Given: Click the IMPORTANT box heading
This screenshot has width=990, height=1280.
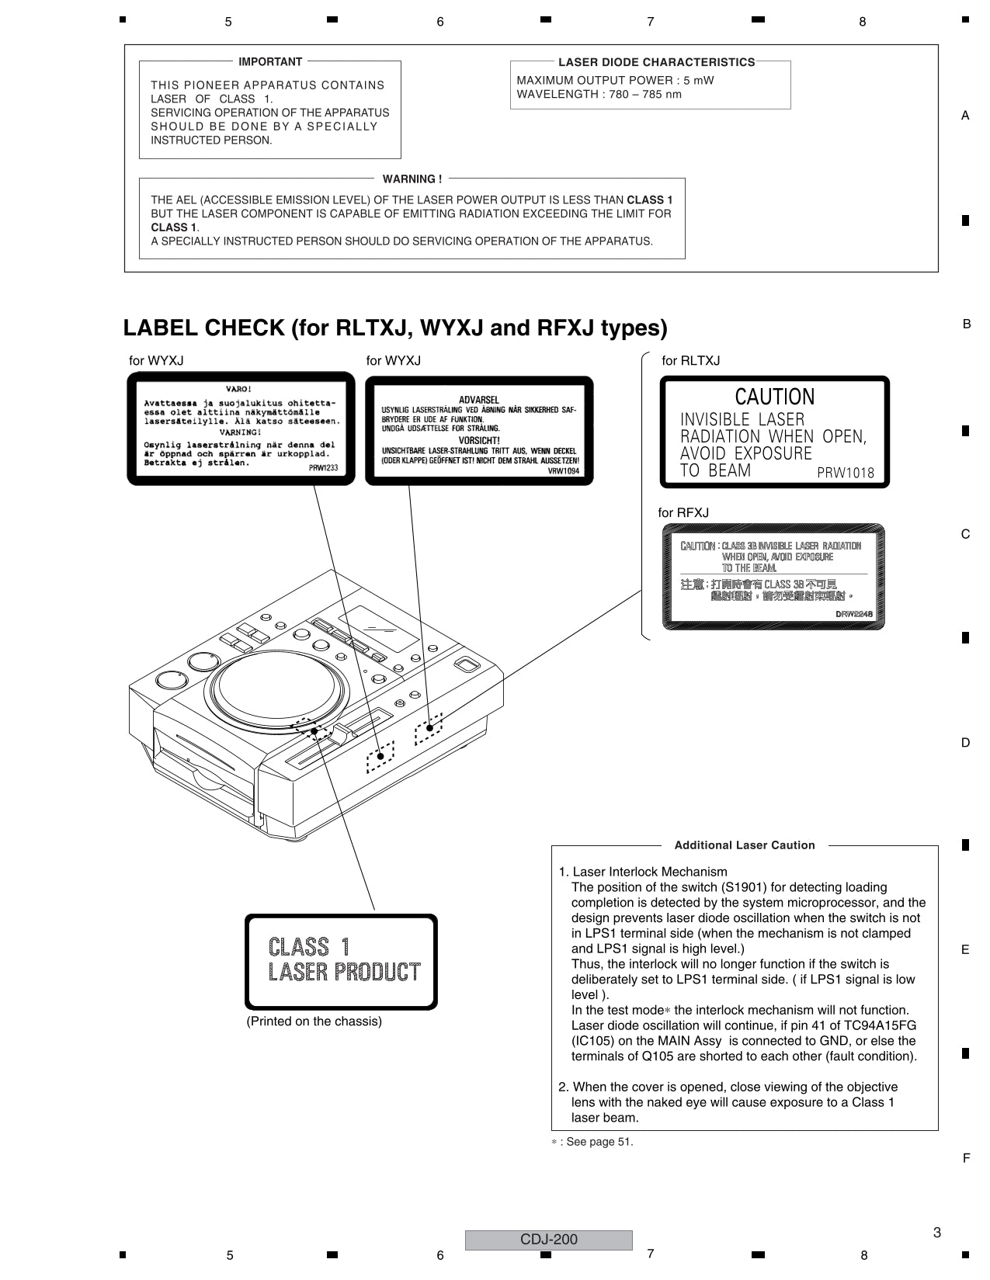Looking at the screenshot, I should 270,62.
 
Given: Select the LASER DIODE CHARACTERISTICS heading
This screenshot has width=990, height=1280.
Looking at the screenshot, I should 656,62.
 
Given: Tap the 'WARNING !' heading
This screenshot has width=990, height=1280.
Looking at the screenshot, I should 412,179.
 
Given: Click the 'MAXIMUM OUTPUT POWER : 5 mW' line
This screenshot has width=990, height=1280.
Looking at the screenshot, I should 615,80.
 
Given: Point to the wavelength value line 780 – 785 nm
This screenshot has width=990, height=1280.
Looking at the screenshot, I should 599,95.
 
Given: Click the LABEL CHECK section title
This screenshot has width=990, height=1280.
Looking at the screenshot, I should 395,328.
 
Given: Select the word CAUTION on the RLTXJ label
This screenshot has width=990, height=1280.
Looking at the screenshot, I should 774,397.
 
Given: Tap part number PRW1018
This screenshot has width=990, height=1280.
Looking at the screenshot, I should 846,473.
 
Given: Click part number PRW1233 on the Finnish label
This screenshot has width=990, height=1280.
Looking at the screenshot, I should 323,468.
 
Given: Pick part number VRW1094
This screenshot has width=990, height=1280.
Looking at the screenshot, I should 563,471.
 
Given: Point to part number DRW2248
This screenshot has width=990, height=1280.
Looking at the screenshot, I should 854,614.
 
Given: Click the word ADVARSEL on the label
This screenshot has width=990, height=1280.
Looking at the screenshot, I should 479,401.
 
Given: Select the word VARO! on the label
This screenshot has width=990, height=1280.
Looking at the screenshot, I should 238,388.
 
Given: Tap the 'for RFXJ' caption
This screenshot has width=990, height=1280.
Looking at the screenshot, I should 683,513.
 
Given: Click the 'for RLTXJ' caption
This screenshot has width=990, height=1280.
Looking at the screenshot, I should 690,361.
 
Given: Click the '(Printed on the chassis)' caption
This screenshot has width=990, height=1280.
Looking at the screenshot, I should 314,1022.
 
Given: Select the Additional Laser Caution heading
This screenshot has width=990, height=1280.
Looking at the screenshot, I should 744,845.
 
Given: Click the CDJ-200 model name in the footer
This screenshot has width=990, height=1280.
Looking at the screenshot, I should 548,1240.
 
